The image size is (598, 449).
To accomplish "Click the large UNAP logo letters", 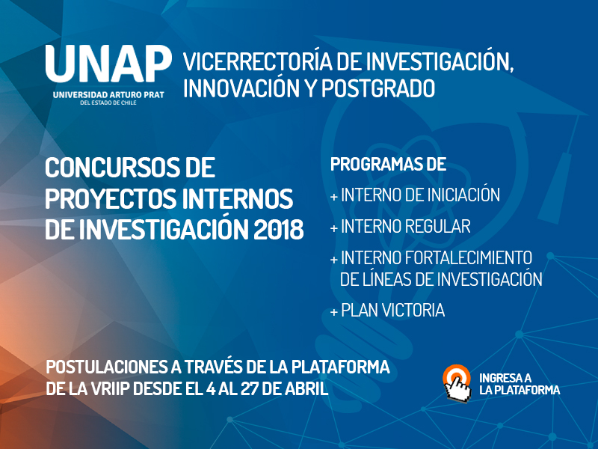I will pyautogui.click(x=108, y=66).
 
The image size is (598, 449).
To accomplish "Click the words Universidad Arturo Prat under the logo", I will pyautogui.click(x=108, y=95).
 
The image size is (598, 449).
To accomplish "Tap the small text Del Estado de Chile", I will pyautogui.click(x=108, y=104).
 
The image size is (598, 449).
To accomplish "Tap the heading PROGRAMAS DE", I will pyautogui.click(x=388, y=164).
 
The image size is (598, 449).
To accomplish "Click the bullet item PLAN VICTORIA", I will pyautogui.click(x=392, y=310).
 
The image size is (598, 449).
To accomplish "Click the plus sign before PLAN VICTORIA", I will pyautogui.click(x=333, y=311).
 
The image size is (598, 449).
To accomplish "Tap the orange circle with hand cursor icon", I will pyautogui.click(x=456, y=380).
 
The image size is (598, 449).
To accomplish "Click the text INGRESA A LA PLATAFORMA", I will pyautogui.click(x=519, y=384).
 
